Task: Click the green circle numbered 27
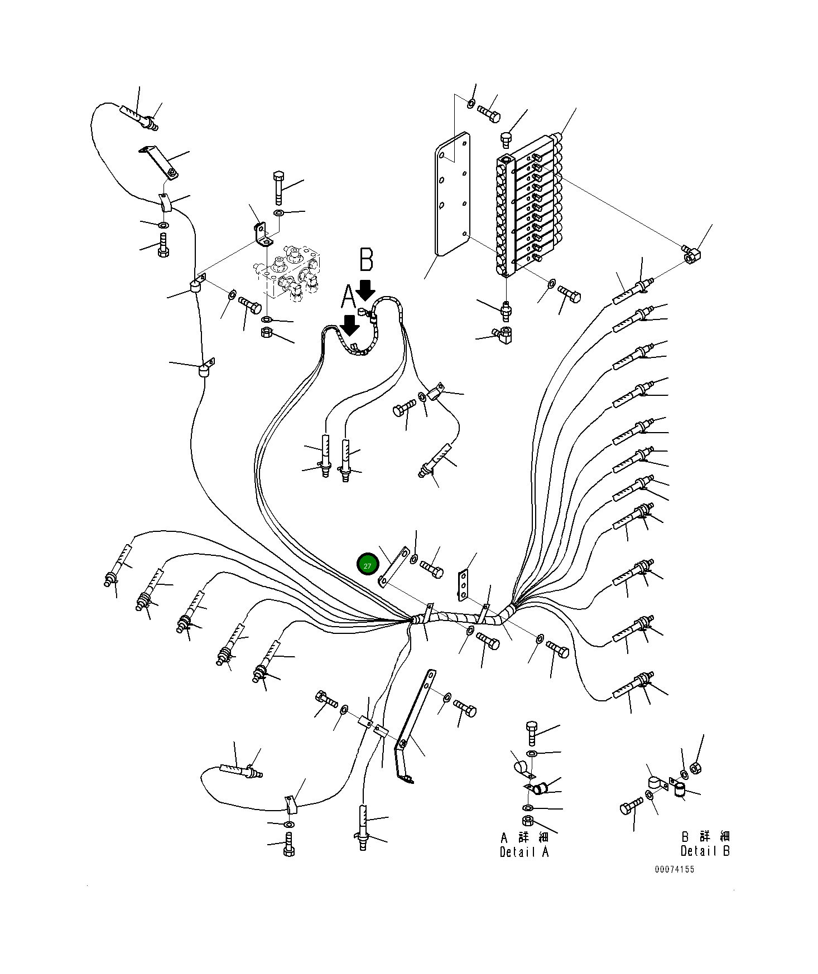[x=367, y=565]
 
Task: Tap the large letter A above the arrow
[x=348, y=297]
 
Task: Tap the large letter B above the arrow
[x=366, y=260]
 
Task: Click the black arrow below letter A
[x=350, y=324]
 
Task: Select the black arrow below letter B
[x=366, y=290]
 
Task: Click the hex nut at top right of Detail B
[x=695, y=768]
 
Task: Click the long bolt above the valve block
[x=278, y=187]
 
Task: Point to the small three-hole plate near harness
[x=463, y=585]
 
